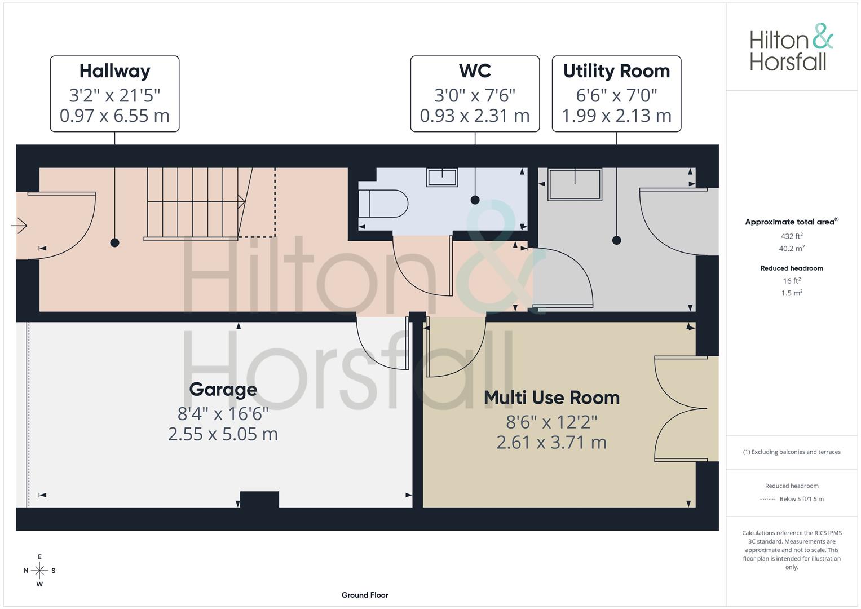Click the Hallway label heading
[114, 72]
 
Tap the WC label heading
[475, 70]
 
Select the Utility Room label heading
[616, 72]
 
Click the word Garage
[223, 390]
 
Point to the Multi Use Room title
[551, 398]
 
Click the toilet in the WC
[383, 204]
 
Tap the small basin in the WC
[442, 177]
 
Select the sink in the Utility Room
[575, 184]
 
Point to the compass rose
[39, 571]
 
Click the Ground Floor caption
[365, 595]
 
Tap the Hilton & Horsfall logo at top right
[792, 47]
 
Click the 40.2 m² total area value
[792, 248]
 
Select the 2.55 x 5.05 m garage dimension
[223, 434]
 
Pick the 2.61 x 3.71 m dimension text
[551, 443]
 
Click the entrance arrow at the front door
[19, 226]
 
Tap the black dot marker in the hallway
[114, 242]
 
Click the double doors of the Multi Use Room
[681, 409]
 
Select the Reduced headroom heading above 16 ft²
[792, 268]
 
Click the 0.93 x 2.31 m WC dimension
[475, 116]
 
